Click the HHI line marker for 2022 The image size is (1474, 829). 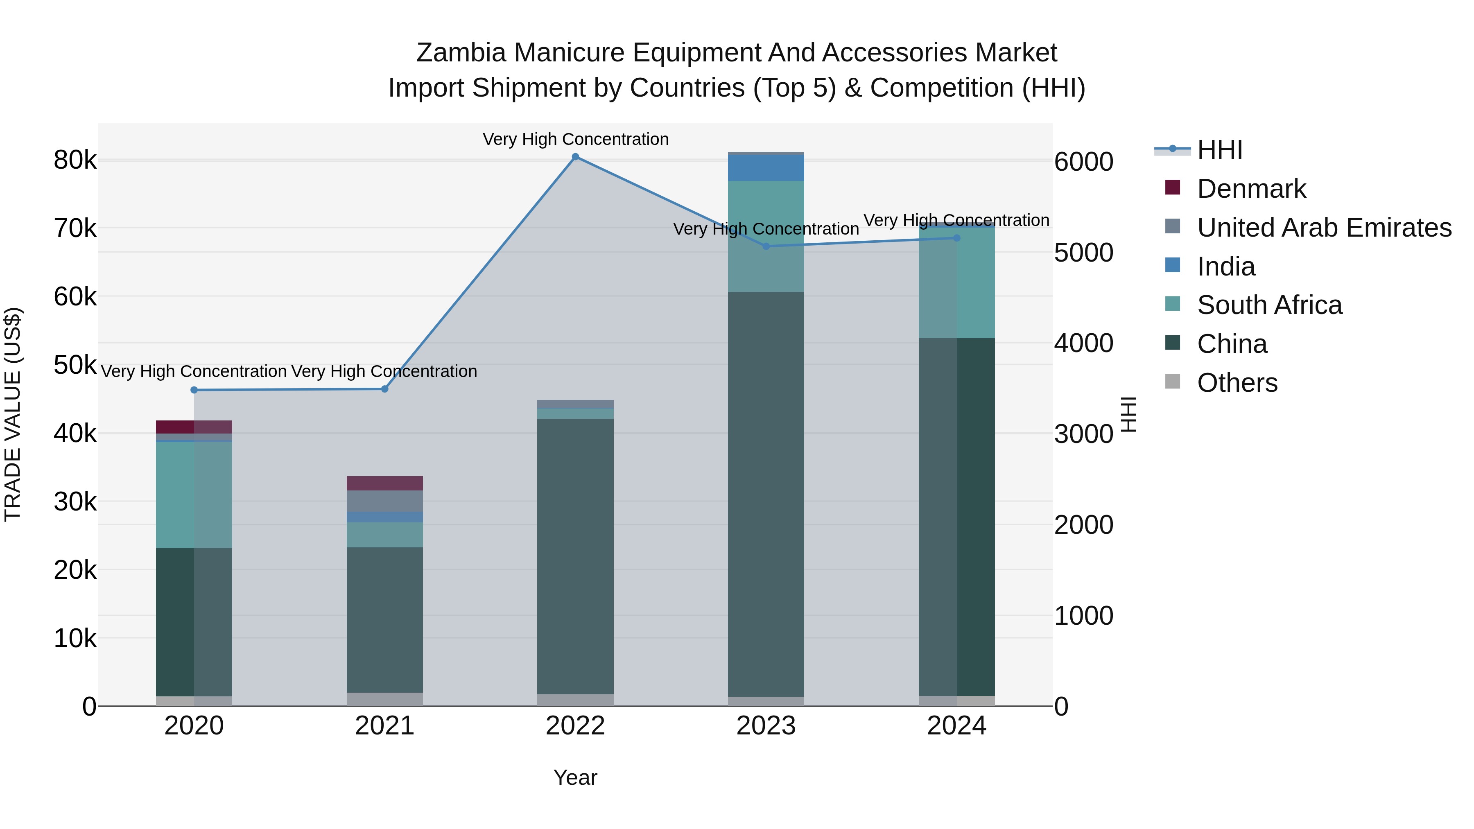[575, 157]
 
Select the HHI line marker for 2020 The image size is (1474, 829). [194, 390]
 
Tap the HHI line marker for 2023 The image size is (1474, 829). [766, 246]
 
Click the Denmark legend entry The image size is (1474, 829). [1251, 189]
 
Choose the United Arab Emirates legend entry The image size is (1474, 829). [1323, 228]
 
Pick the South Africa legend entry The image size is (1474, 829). [1269, 305]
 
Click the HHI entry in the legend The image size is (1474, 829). [1219, 150]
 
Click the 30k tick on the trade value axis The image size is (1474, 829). [75, 502]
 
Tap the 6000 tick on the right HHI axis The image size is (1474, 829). [1083, 162]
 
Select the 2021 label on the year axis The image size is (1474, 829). [384, 726]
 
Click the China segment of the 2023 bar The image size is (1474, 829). [766, 492]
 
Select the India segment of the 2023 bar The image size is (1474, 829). [766, 167]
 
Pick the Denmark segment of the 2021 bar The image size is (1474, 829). [384, 483]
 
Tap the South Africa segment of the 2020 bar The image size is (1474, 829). [194, 495]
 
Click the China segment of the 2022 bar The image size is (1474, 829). [575, 555]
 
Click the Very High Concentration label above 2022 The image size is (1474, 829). [575, 140]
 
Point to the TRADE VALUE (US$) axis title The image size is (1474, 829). [13, 414]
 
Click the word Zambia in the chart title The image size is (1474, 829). [461, 53]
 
